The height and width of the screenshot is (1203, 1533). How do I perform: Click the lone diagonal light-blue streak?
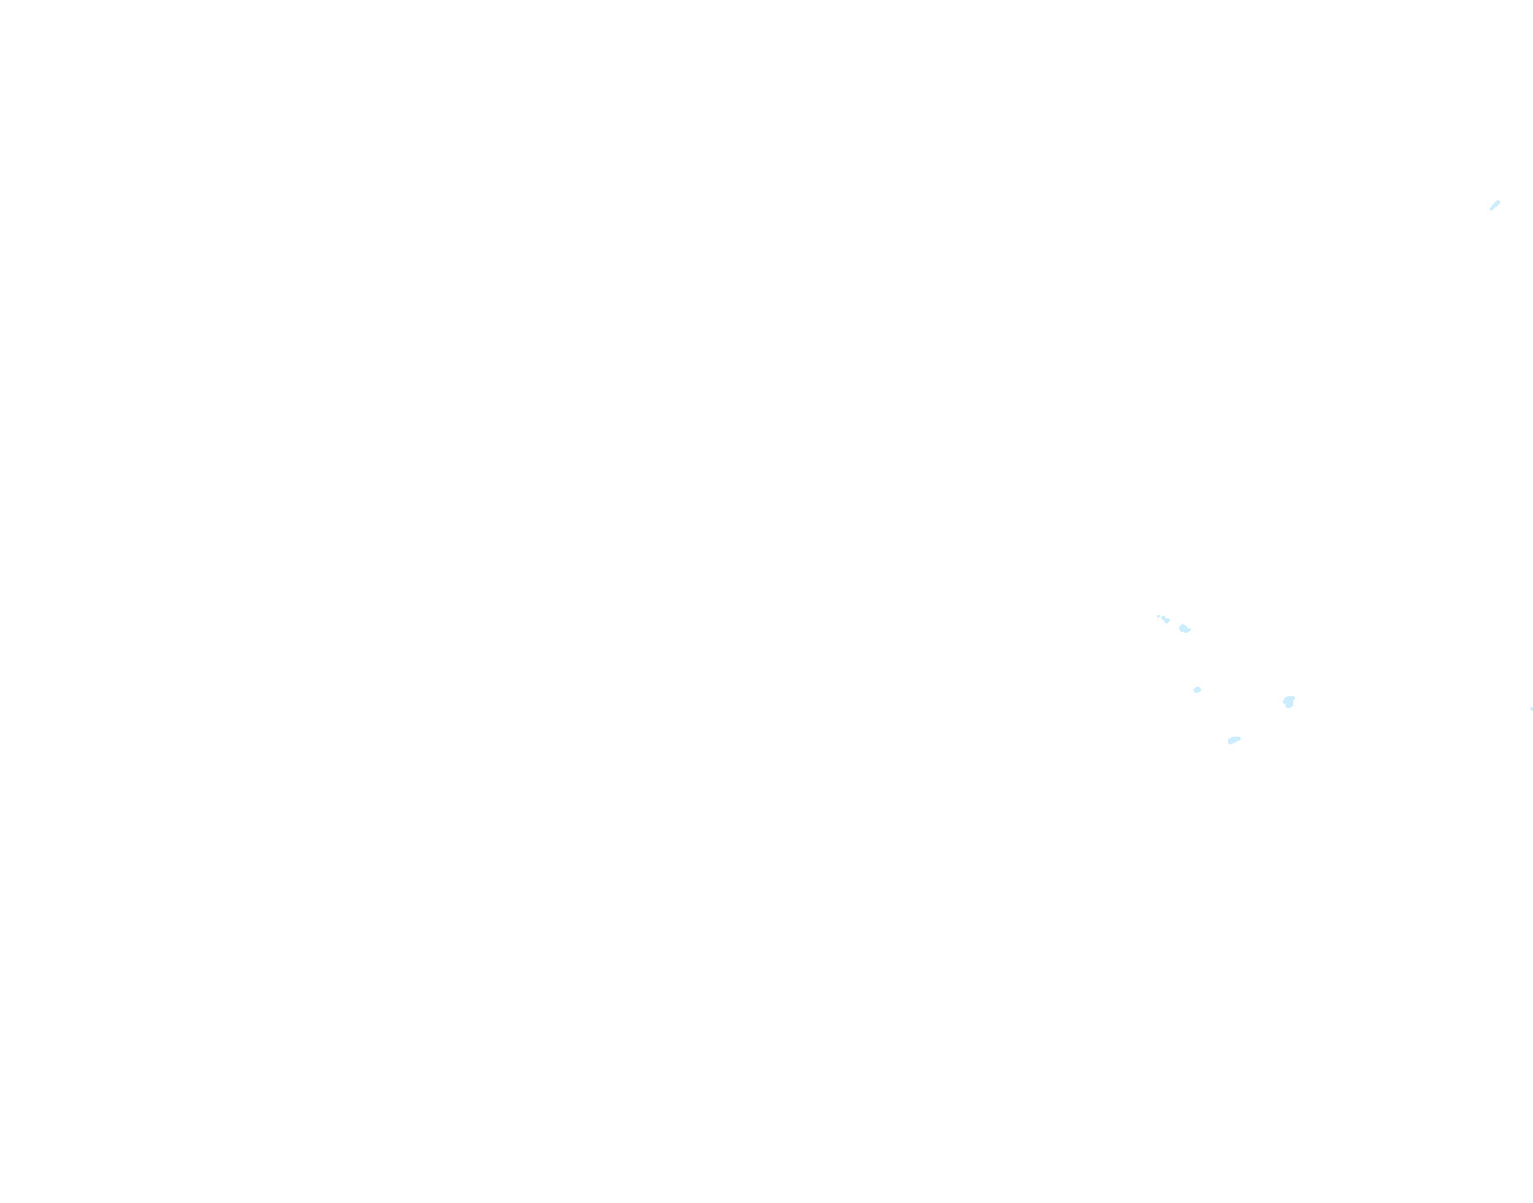(x=1494, y=205)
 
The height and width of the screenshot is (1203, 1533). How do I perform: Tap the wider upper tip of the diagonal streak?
(x=1498, y=202)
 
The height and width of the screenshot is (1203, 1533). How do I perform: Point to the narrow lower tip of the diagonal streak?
(x=1491, y=209)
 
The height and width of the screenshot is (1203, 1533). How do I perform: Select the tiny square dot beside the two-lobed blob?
(x=1158, y=616)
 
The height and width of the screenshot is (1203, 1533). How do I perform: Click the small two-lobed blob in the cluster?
(x=1166, y=620)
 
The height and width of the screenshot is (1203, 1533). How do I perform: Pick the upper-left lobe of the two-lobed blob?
(x=1164, y=618)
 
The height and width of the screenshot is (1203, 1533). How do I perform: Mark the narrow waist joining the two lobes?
(x=1166, y=620)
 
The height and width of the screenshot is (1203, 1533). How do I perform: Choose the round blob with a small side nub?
(x=1184, y=629)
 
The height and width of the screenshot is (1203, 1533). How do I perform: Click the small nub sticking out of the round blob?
(x=1189, y=630)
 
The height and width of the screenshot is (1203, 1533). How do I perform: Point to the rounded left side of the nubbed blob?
(x=1181, y=628)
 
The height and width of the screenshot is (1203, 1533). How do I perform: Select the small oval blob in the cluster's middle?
(x=1197, y=690)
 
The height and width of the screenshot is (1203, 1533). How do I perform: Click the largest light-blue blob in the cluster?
(x=1288, y=701)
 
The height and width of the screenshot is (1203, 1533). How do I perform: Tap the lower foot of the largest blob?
(x=1288, y=706)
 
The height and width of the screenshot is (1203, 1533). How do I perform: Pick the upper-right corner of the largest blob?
(x=1293, y=698)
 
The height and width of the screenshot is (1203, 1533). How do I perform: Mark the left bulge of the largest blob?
(x=1284, y=700)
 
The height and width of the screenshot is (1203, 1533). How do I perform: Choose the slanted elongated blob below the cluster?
(x=1234, y=741)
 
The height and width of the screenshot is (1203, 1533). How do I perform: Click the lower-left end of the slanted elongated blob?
(x=1230, y=743)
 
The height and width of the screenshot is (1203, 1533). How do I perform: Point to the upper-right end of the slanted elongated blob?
(x=1239, y=738)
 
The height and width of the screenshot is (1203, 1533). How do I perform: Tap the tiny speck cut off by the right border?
(x=1531, y=709)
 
